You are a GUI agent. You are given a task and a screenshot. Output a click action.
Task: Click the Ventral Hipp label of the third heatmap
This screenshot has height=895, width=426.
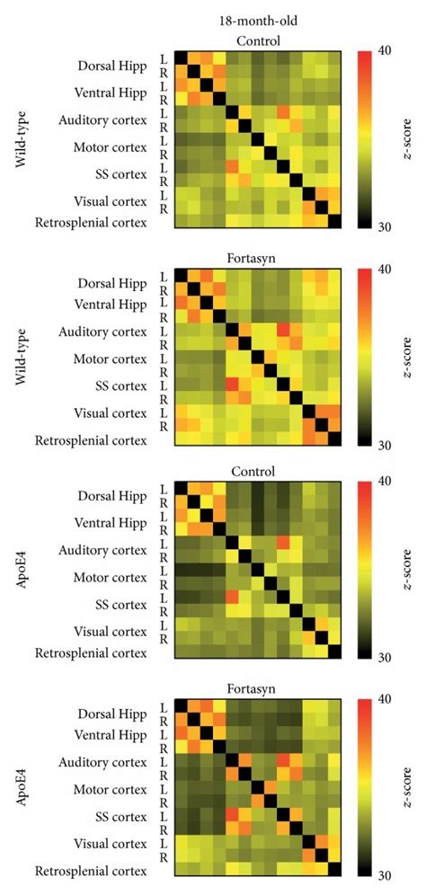115,523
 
